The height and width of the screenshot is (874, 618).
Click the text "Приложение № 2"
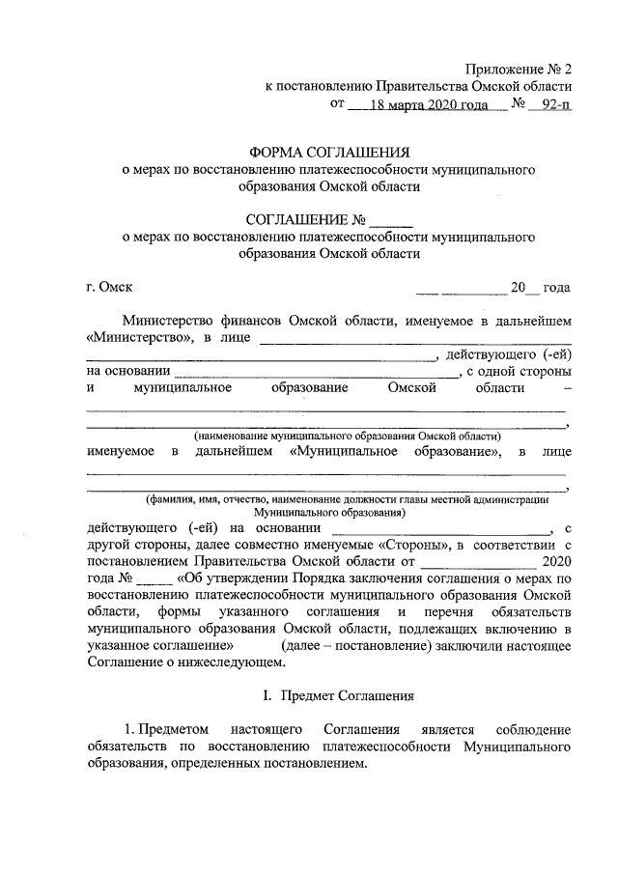click(519, 69)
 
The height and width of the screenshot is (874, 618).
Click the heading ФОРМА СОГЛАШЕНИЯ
click(329, 153)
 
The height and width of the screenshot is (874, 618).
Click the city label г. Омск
click(109, 287)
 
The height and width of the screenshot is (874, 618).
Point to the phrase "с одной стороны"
click(519, 371)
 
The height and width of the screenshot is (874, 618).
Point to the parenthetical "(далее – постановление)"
click(345, 647)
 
